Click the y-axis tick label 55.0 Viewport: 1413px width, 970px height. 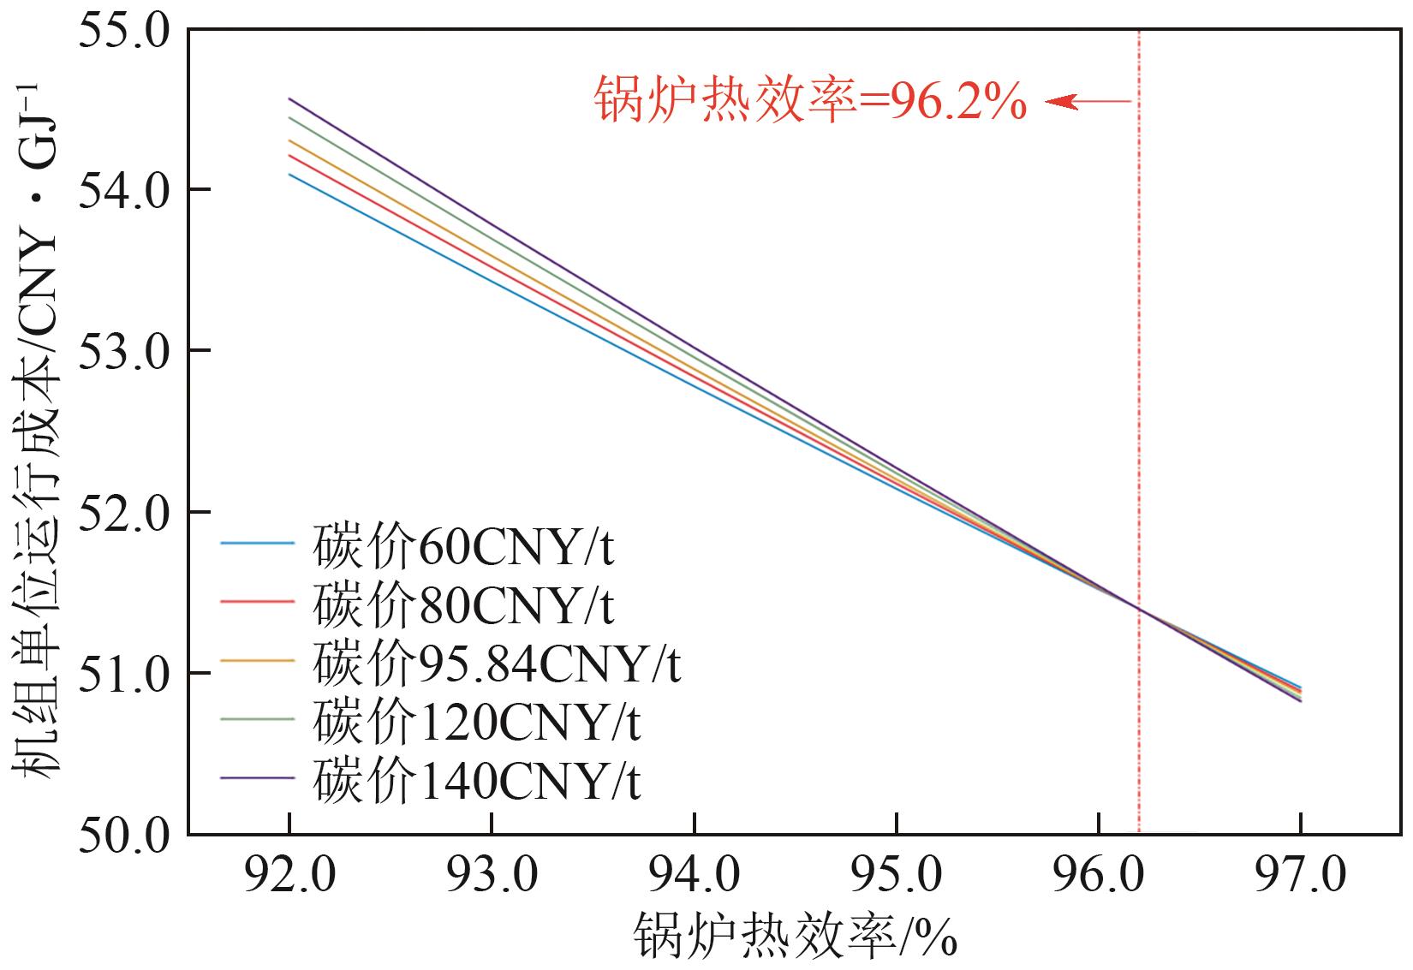[124, 31]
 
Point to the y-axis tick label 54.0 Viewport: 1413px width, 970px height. [124, 190]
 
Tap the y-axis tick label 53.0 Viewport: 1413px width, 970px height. [124, 351]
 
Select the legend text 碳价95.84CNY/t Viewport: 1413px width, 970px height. [497, 664]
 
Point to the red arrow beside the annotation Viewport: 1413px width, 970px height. [1088, 103]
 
